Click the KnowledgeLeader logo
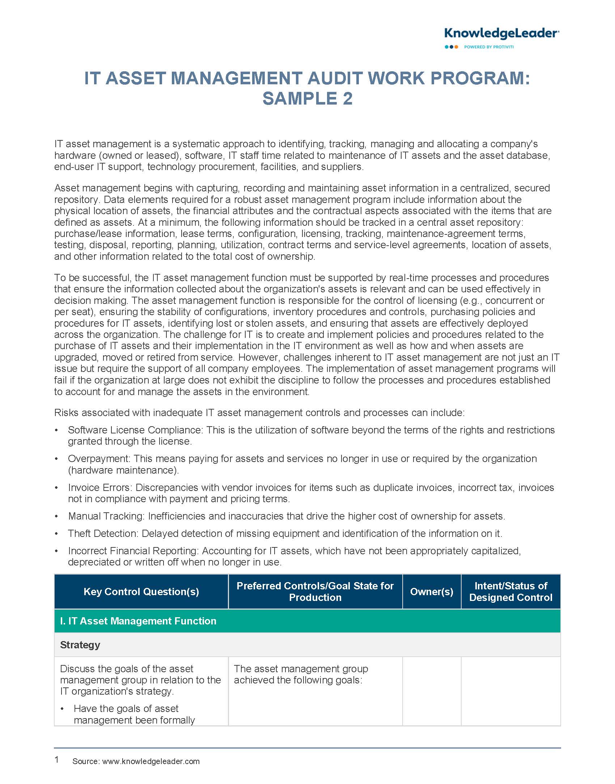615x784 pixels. (x=501, y=34)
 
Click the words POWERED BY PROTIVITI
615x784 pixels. (x=489, y=47)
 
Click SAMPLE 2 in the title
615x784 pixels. (x=307, y=99)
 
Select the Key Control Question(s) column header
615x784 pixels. (x=141, y=592)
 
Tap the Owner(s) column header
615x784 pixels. (x=432, y=592)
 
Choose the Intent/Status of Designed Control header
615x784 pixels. (x=510, y=592)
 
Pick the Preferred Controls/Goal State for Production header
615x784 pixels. (x=315, y=592)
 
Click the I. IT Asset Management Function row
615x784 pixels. (x=138, y=621)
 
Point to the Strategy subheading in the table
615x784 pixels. (x=80, y=645)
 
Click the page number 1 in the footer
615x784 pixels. (x=57, y=760)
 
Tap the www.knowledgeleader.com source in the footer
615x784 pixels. (x=151, y=762)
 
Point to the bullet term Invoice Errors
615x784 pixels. (x=100, y=488)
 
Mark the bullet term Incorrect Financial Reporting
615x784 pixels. (x=133, y=551)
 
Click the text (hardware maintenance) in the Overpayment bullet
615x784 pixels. (x=123, y=470)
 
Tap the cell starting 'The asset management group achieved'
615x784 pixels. (x=301, y=675)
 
